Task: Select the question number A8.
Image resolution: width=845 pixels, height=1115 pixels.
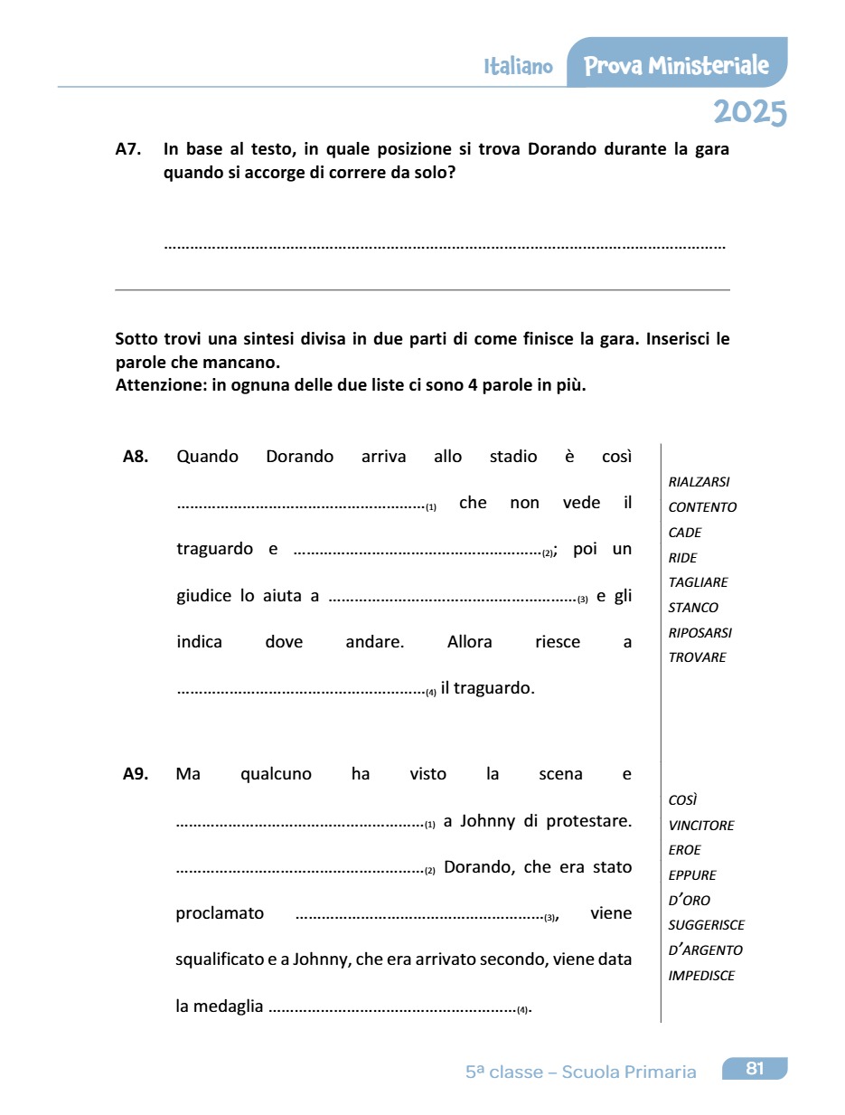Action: click(x=136, y=457)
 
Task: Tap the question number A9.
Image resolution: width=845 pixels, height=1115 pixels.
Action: click(x=136, y=774)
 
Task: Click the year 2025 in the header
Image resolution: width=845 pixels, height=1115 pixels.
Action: click(x=749, y=113)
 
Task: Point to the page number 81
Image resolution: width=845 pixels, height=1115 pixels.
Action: click(x=755, y=1069)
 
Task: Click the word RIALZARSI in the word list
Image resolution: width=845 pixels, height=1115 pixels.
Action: click(x=699, y=482)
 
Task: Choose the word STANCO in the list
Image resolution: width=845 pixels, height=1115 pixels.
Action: click(x=693, y=608)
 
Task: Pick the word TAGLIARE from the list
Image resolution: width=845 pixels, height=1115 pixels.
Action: click(x=698, y=582)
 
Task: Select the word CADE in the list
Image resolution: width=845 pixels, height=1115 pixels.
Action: click(x=685, y=533)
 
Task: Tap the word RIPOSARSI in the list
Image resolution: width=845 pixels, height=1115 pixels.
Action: click(x=700, y=633)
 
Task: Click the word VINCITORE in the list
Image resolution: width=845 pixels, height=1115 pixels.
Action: click(x=701, y=826)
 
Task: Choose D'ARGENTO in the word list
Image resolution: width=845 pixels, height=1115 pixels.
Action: click(x=705, y=950)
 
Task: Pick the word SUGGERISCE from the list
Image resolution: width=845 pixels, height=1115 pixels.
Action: click(x=706, y=925)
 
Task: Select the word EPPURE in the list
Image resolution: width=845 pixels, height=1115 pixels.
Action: click(x=692, y=875)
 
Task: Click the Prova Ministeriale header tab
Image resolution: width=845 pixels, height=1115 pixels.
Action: click(x=676, y=65)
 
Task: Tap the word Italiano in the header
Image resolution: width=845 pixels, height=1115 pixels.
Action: click(x=518, y=67)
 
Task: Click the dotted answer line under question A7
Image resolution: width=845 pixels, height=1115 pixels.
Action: click(x=445, y=245)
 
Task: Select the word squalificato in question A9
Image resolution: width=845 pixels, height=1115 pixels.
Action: click(x=219, y=959)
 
